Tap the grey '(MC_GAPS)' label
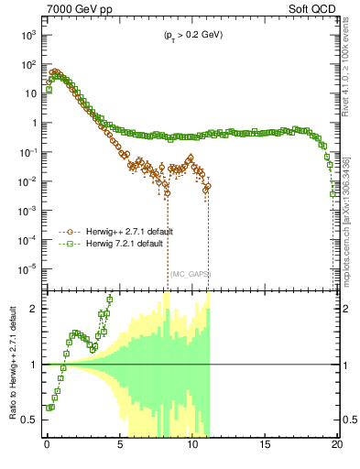tap(188, 274)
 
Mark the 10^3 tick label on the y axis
tap(28, 35)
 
